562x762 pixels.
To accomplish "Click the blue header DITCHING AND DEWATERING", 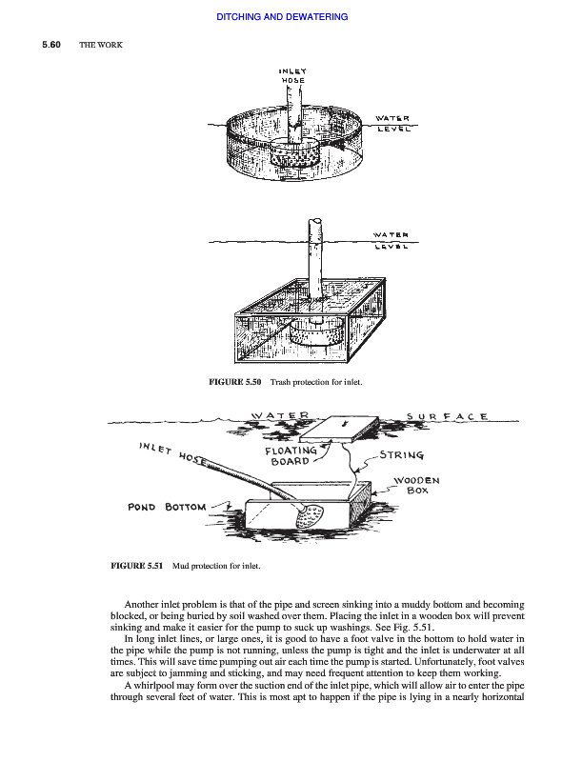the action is (x=282, y=16).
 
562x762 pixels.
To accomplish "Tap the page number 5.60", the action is (x=51, y=45).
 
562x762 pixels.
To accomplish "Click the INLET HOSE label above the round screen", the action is (x=292, y=76).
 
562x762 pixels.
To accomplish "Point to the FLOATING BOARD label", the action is (x=291, y=456).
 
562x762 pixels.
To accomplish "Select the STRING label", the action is (x=402, y=455).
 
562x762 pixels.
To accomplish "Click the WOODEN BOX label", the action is (x=416, y=485).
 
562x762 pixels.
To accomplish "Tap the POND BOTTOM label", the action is (x=167, y=507).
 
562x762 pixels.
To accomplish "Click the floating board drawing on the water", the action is (x=341, y=428).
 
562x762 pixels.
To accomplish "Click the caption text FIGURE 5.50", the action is (x=235, y=382).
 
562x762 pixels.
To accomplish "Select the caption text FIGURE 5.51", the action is (x=136, y=566).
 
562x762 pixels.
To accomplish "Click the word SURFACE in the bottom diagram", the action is (x=447, y=416).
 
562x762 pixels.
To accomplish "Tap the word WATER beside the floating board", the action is (x=280, y=415).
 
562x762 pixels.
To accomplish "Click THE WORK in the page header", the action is (x=101, y=45).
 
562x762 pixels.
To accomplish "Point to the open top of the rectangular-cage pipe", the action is (x=314, y=221).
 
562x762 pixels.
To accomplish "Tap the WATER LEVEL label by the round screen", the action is (x=392, y=124).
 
